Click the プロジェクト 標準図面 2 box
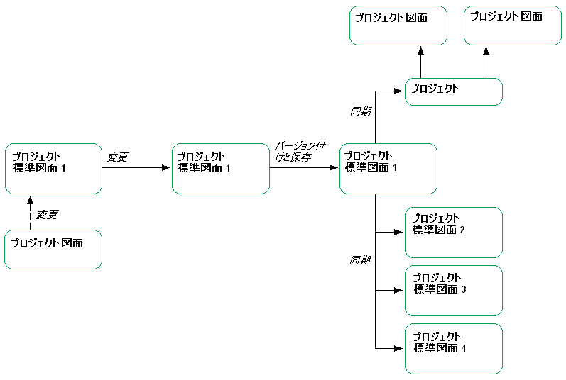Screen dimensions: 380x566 pos(454,232)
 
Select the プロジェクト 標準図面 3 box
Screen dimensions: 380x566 pos(454,291)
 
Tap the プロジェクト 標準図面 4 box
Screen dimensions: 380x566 pos(454,349)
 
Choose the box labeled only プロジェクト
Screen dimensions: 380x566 pos(454,91)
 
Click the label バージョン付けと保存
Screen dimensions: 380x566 pos(300,151)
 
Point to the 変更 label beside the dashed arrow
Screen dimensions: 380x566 pos(47,214)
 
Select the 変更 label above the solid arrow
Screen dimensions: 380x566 pos(117,156)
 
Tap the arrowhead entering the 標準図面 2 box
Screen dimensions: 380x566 pos(401,231)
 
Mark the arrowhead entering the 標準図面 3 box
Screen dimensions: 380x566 pos(401,290)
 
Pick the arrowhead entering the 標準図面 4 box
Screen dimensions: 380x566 pos(401,348)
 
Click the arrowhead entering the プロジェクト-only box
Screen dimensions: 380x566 pos(401,90)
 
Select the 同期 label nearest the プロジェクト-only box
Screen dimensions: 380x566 pos(361,111)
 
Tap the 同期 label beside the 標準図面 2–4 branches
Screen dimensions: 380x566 pos(361,259)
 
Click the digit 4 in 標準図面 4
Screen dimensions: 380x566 pos(463,348)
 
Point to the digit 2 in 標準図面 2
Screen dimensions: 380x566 pos(463,230)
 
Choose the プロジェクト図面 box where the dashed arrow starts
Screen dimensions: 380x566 pos(53,249)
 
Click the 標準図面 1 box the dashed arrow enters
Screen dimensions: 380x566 pos(53,169)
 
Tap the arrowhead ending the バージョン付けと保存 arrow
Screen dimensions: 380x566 pos(335,168)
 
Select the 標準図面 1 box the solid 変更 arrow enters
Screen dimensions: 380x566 pos(221,169)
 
